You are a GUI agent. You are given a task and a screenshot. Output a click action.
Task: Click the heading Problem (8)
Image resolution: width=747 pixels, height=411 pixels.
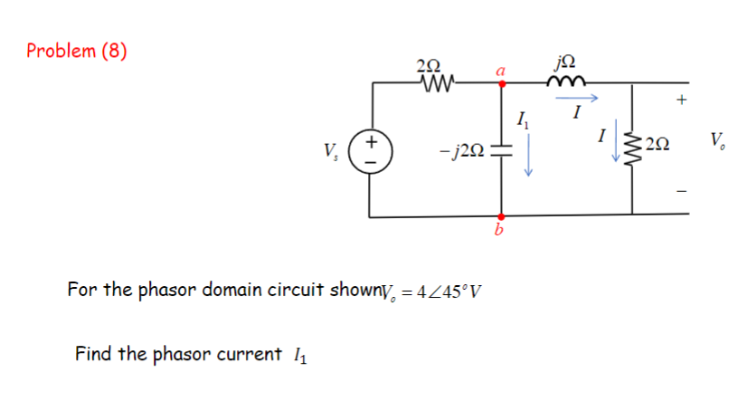[x=77, y=51]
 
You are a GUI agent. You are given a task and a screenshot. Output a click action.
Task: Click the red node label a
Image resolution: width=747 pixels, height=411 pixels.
[x=501, y=69]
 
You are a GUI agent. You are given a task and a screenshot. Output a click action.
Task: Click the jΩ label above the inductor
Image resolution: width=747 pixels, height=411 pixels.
[x=572, y=62]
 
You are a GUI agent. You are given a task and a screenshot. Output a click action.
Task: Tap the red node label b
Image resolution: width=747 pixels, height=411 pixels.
[x=497, y=234]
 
